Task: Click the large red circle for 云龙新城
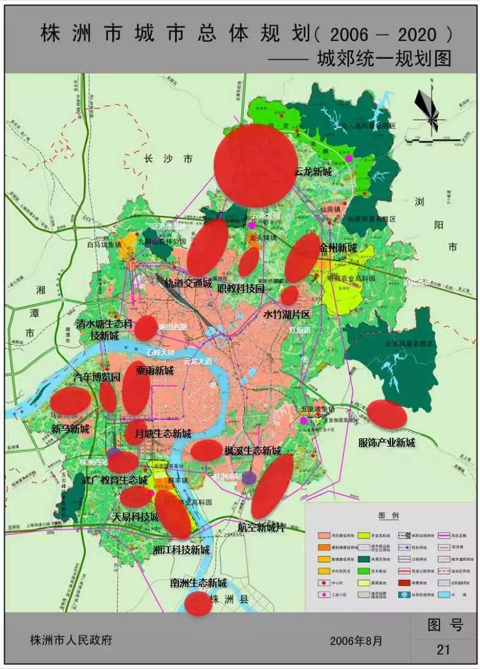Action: tap(256, 166)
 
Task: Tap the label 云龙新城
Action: tap(312, 172)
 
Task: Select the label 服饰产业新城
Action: tap(387, 442)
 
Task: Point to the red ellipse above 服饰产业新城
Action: tap(387, 415)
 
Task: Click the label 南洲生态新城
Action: tap(198, 583)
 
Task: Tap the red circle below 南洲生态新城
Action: tap(198, 604)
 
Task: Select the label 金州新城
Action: tap(338, 248)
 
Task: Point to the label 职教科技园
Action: tap(241, 288)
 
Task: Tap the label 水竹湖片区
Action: tap(286, 314)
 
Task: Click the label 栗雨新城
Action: tap(155, 370)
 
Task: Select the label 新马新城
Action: tap(70, 429)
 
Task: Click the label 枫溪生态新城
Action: tap(252, 451)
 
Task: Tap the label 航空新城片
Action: tap(262, 527)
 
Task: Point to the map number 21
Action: tap(443, 650)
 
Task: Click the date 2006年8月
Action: tap(356, 640)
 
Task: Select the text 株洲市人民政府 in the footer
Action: tap(71, 640)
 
